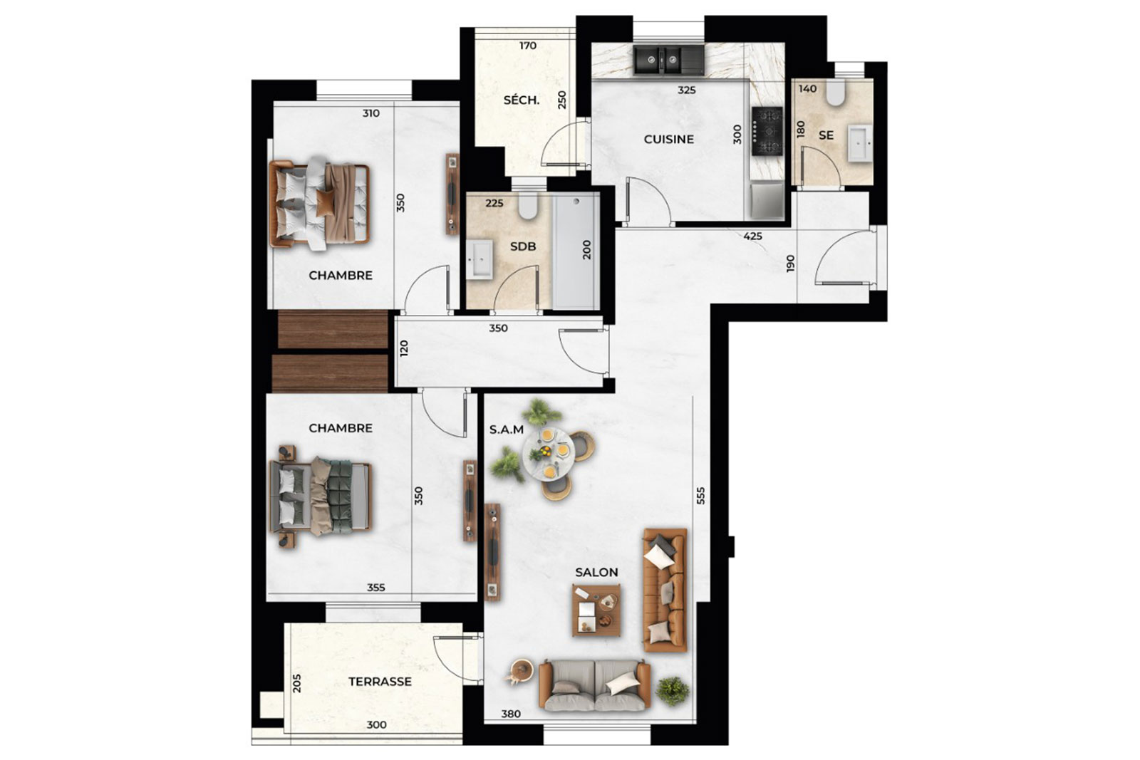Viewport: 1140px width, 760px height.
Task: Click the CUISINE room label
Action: point(669,140)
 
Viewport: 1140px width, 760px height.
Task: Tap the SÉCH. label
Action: point(521,100)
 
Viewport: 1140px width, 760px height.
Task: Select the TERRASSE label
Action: point(380,682)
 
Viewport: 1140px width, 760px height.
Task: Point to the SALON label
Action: point(596,572)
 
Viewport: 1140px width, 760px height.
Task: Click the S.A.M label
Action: point(507,430)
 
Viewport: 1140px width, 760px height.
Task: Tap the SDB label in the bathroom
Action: point(523,246)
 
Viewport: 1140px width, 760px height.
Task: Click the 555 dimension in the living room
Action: point(701,496)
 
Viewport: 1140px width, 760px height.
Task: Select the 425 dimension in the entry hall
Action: point(752,236)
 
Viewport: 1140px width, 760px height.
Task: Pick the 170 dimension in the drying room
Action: point(528,46)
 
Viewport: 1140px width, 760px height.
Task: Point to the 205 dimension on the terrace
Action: point(297,683)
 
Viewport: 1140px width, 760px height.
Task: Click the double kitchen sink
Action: point(668,61)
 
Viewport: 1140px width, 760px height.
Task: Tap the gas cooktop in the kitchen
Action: point(767,131)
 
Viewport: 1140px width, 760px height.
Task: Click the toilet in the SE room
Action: point(834,92)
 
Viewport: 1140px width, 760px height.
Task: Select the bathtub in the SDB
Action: point(576,251)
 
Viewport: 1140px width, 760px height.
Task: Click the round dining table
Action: point(549,454)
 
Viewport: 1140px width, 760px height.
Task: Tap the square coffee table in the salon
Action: point(596,610)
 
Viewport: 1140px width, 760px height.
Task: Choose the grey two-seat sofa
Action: point(594,684)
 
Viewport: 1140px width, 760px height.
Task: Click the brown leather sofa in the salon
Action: point(665,590)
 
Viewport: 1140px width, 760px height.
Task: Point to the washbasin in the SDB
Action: point(480,259)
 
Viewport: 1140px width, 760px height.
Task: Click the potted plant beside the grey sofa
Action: point(673,691)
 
